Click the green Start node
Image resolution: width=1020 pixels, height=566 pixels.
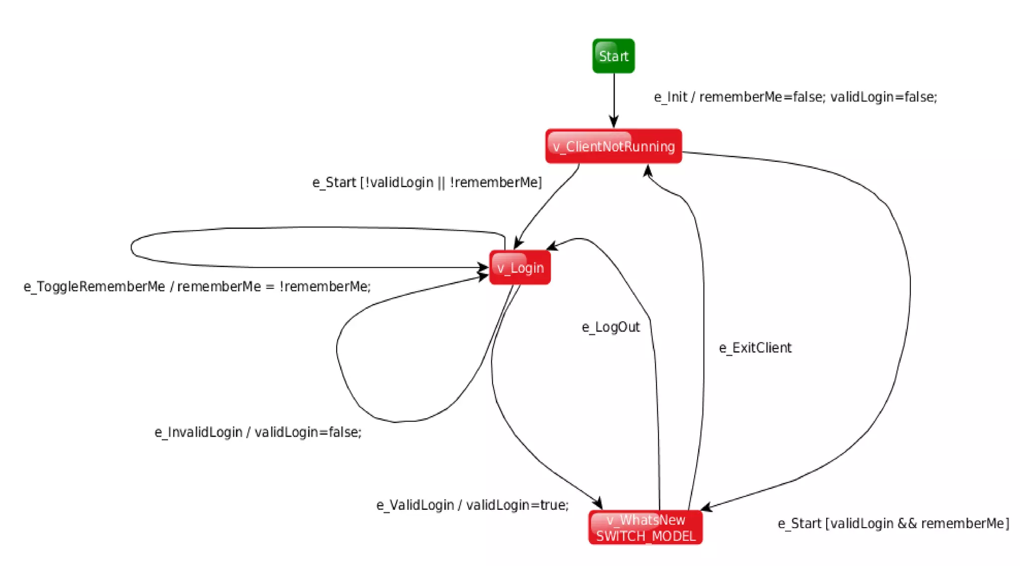[x=613, y=56]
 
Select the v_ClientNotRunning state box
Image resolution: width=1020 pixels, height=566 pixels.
[x=613, y=146]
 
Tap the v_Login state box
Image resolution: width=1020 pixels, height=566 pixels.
[x=519, y=268]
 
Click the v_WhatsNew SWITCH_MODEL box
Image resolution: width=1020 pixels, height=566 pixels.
[x=645, y=527]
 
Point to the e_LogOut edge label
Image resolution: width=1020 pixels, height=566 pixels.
[x=611, y=327]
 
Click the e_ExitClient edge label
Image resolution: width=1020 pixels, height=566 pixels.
[x=755, y=348]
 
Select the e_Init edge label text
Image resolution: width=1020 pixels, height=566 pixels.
[x=795, y=97]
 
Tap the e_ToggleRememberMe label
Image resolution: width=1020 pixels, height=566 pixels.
[x=197, y=287]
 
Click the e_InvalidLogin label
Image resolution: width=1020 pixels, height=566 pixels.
[x=258, y=432]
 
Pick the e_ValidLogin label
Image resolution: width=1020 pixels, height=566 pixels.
[x=472, y=505]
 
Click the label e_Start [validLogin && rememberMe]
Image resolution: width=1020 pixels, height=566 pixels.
[x=893, y=524]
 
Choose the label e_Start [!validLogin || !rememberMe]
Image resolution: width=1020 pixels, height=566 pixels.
[x=427, y=183]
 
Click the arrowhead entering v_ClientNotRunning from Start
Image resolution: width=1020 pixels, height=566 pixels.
[x=614, y=122]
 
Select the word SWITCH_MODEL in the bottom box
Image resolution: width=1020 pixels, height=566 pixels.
[x=645, y=536]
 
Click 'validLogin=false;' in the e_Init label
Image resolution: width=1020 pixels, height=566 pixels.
[x=883, y=97]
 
